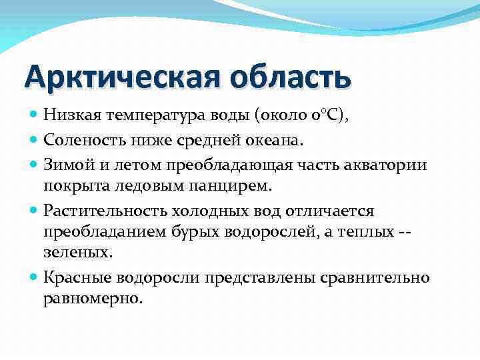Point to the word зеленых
click(74, 253)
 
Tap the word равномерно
click(93, 298)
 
